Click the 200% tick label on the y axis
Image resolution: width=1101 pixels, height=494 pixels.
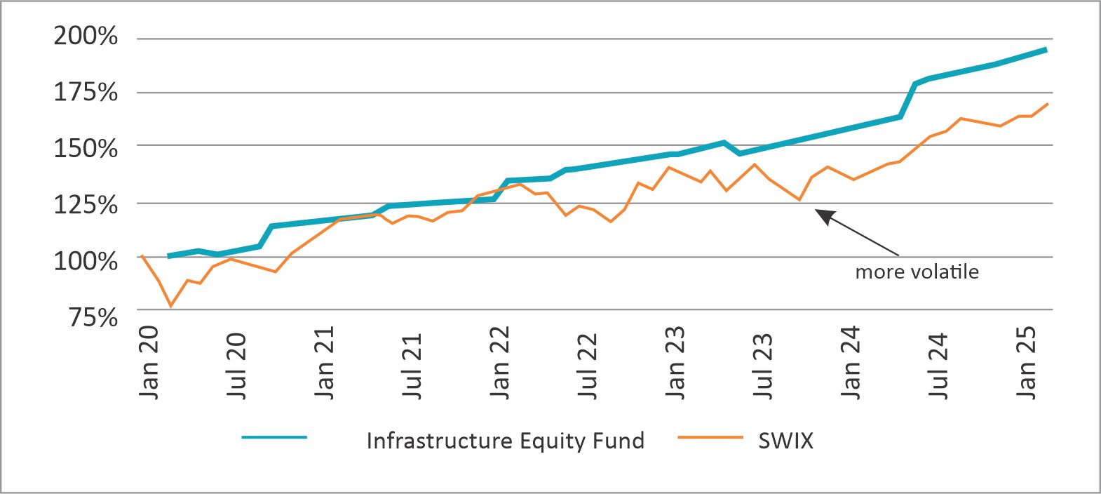86,36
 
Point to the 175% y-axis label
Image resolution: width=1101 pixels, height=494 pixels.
86,92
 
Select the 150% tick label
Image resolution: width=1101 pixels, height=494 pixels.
86,149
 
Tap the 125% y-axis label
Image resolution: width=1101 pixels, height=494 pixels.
86,205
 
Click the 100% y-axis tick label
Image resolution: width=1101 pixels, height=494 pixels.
86,261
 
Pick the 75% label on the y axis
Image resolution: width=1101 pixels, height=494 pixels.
93,317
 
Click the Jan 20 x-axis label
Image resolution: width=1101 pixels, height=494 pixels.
149,363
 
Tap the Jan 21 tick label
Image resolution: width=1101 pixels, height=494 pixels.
325,363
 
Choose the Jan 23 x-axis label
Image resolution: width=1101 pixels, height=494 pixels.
675,363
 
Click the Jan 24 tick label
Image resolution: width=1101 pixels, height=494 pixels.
851,363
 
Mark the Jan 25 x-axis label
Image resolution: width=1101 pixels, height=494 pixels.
1026,363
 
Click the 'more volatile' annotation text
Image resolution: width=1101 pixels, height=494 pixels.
917,272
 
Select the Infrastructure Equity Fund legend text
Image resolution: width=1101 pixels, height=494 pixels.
505,441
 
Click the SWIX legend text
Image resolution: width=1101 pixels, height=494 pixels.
785,441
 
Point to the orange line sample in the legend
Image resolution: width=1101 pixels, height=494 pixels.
710,437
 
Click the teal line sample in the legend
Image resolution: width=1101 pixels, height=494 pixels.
274,437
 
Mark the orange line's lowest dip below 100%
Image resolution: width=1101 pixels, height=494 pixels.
170,306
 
